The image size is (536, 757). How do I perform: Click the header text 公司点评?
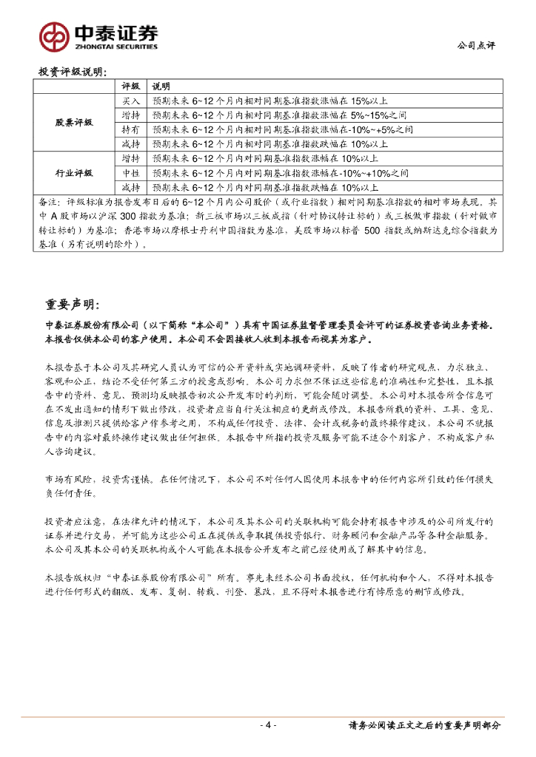pyautogui.click(x=478, y=45)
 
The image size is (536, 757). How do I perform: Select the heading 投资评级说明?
pyautogui.click(x=73, y=72)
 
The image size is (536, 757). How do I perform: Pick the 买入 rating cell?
pyautogui.click(x=130, y=101)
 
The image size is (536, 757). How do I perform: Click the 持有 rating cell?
pyautogui.click(x=130, y=129)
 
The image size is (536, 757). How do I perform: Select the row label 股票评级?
pyautogui.click(x=74, y=122)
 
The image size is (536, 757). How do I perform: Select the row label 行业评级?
pyautogui.click(x=74, y=173)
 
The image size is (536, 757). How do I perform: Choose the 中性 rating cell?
pyautogui.click(x=130, y=173)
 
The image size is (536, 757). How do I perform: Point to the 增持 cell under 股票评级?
pyautogui.click(x=130, y=115)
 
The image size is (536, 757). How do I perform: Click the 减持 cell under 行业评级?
pyautogui.click(x=130, y=187)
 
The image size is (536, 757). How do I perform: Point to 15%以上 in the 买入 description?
pyautogui.click(x=365, y=101)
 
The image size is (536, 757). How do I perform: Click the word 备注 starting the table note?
pyautogui.click(x=47, y=202)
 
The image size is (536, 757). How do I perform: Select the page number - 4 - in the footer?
pyautogui.click(x=268, y=725)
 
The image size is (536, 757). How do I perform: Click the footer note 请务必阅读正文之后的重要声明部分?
pyautogui.click(x=424, y=725)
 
